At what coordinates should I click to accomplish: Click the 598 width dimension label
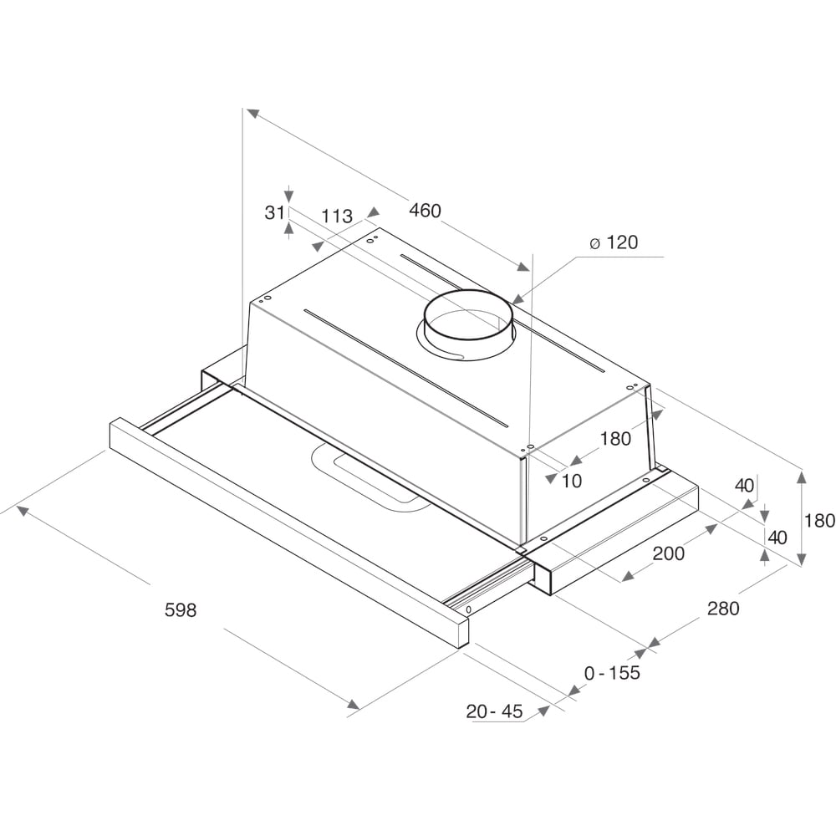click(180, 610)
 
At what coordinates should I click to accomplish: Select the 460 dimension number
click(425, 211)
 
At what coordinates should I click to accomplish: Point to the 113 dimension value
click(337, 216)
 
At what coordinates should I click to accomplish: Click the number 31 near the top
click(275, 212)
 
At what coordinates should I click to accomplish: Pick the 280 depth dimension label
click(723, 609)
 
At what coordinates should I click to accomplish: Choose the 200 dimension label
click(668, 553)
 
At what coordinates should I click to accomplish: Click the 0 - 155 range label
click(612, 672)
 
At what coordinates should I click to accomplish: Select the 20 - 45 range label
click(494, 711)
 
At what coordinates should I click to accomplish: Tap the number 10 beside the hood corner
click(572, 481)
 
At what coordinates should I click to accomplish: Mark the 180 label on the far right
click(819, 521)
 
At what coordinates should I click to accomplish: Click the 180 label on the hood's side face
click(615, 438)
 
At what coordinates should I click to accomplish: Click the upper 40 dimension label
click(744, 485)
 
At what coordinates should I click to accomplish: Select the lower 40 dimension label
click(777, 538)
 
